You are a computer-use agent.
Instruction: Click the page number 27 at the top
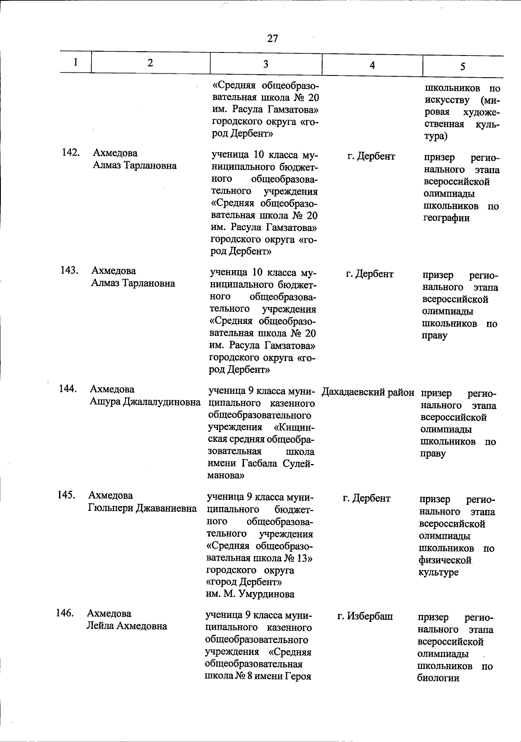click(273, 39)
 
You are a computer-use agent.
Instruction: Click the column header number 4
click(372, 65)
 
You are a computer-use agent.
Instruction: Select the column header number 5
click(463, 66)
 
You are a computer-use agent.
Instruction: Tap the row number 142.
click(70, 153)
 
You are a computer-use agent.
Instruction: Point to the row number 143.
click(69, 270)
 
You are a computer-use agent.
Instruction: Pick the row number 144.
click(68, 389)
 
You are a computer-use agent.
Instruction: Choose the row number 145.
click(66, 495)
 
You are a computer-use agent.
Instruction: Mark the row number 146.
click(65, 613)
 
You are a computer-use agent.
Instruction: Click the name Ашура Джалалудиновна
click(145, 402)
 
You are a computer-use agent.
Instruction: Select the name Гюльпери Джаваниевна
click(142, 508)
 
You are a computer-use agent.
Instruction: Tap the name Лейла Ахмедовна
click(127, 626)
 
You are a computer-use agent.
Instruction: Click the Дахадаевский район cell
click(368, 392)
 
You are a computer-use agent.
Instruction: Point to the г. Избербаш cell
click(365, 616)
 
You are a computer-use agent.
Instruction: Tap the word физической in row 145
click(445, 560)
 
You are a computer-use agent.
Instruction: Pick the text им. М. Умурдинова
click(250, 594)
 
